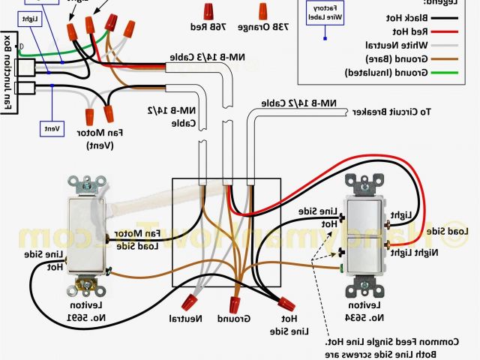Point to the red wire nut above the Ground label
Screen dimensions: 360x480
click(235, 304)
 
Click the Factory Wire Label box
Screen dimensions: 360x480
click(324, 10)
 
